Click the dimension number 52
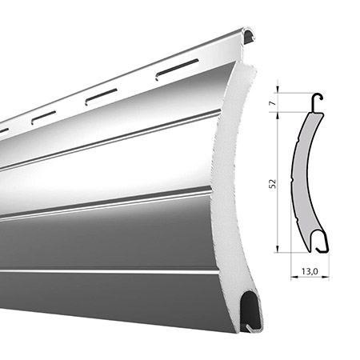point(273,184)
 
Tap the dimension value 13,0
point(310,271)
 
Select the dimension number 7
point(273,102)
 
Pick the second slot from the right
point(101,97)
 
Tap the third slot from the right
point(43,118)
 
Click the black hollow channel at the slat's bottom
point(251,310)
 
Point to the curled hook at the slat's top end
point(249,34)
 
